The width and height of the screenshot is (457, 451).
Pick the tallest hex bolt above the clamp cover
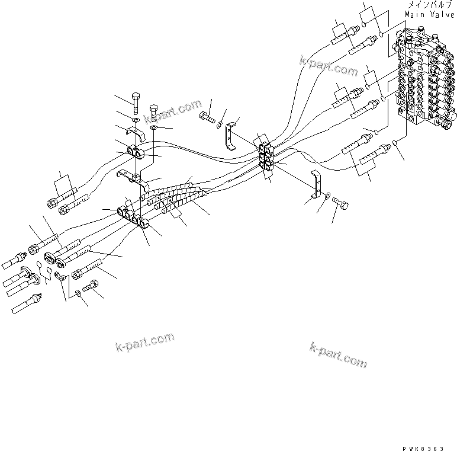tap(136, 105)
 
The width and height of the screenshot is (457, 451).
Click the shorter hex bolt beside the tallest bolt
tap(154, 114)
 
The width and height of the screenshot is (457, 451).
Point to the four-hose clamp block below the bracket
tap(135, 216)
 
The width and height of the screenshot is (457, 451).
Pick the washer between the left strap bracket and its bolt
tap(220, 124)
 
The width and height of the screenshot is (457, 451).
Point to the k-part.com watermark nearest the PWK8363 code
tap(337, 354)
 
